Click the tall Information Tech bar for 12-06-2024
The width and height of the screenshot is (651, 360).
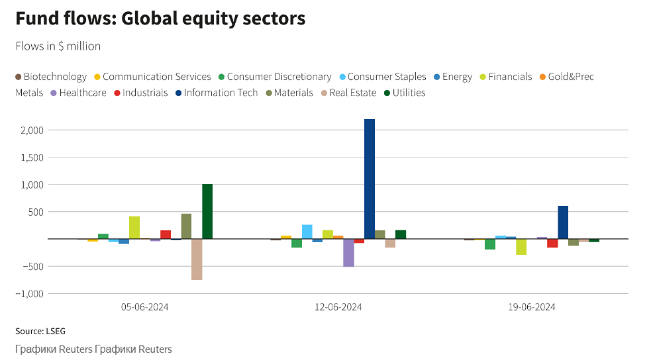370,179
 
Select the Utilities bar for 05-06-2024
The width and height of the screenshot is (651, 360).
207,211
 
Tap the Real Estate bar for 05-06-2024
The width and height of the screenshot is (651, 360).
197,259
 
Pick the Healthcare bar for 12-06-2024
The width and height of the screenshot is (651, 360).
348,253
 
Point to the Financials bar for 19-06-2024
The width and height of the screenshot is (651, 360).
521,247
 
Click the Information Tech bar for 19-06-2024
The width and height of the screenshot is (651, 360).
563,222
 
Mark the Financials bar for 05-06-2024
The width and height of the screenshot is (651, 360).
134,228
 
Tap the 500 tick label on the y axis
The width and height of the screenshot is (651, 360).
35,212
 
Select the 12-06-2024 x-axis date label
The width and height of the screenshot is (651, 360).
338,307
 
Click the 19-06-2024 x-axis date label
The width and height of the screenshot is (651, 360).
532,307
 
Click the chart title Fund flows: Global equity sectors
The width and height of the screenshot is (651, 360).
160,19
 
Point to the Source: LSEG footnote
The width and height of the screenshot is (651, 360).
40,331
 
